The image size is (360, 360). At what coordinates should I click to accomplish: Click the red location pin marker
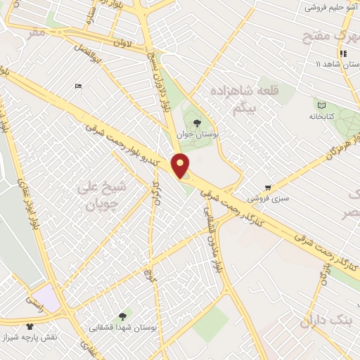[x=181, y=165]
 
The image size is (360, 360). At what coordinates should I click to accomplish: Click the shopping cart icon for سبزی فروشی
[x=268, y=188]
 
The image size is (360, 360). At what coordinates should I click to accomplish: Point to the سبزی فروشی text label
[x=267, y=199]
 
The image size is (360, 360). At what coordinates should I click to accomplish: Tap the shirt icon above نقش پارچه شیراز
[x=30, y=326]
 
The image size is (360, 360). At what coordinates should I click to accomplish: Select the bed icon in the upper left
[x=77, y=86]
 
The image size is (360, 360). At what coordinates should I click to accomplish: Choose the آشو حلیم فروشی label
[x=330, y=7]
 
